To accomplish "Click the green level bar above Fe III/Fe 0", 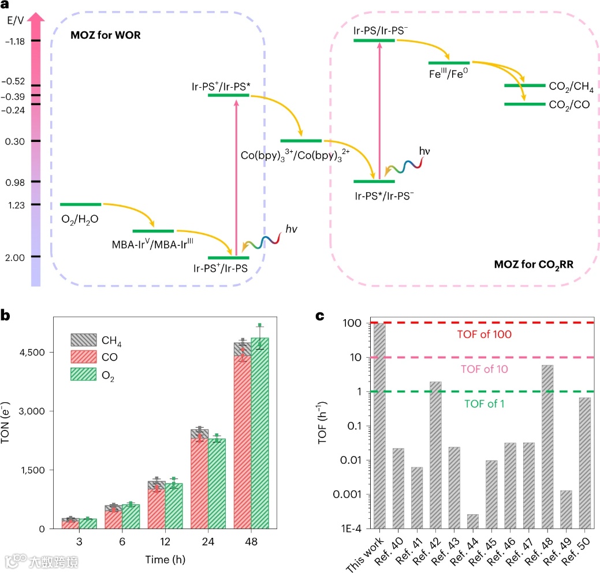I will click(449, 62).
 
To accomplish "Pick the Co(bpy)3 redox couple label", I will click(296, 156).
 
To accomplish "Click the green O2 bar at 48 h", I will click(259, 433).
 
